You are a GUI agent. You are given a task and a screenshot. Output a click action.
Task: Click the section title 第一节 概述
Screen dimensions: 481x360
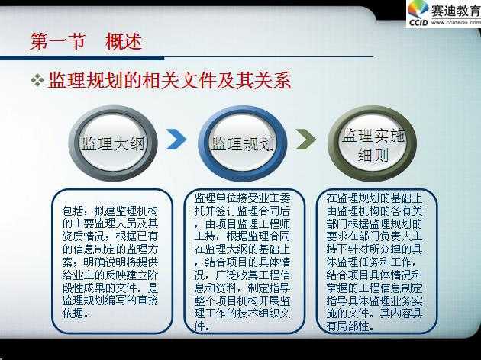(x=86, y=41)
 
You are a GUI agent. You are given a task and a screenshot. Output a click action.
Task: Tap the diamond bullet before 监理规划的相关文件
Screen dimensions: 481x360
(x=37, y=80)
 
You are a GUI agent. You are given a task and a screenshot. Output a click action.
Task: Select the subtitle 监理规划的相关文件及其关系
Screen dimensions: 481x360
(x=169, y=81)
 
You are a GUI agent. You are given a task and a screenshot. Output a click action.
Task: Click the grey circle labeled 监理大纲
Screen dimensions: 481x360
(x=113, y=143)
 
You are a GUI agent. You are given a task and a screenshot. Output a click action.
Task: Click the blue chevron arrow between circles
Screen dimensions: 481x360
(x=176, y=139)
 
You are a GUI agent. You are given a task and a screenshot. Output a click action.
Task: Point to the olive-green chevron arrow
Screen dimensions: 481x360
(x=305, y=139)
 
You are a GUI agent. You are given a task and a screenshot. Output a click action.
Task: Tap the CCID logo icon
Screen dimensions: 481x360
(x=418, y=14)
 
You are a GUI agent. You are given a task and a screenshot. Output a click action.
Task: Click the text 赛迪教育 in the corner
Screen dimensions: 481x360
(x=456, y=11)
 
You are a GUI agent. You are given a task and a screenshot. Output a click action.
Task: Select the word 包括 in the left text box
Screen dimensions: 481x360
(x=73, y=211)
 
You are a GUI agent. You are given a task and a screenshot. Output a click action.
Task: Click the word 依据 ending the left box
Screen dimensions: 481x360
(x=73, y=313)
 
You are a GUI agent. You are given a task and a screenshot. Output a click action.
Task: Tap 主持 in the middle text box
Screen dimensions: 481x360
(x=205, y=236)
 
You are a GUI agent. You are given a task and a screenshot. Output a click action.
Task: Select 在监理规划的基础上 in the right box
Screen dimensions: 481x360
(x=374, y=198)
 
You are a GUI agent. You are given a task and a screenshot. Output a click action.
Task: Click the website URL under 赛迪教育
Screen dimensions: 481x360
(x=456, y=22)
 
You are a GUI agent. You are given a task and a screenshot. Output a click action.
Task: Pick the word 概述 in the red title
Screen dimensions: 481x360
(x=124, y=41)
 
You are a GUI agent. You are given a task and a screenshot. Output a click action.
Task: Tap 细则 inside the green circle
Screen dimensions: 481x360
(x=373, y=155)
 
